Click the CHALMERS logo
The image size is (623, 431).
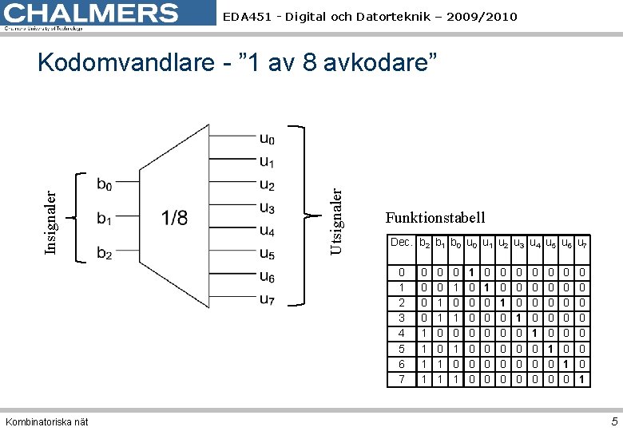point(92,14)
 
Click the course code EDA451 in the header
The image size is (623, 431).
point(244,17)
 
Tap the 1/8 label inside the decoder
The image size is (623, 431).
point(174,218)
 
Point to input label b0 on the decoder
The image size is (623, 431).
point(105,185)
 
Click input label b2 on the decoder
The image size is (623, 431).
point(105,254)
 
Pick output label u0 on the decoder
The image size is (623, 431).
point(267,139)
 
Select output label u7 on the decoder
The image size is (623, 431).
point(267,299)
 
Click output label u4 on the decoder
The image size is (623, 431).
point(267,231)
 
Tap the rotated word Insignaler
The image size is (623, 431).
point(50,221)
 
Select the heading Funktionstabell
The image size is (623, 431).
point(435,218)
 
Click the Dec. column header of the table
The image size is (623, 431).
point(401,242)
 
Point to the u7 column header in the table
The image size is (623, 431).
point(582,243)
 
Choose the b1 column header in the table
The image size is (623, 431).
point(440,243)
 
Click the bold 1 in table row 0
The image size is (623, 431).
point(472,273)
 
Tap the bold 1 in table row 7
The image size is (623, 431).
point(582,380)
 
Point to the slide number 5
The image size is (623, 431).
point(614,421)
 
